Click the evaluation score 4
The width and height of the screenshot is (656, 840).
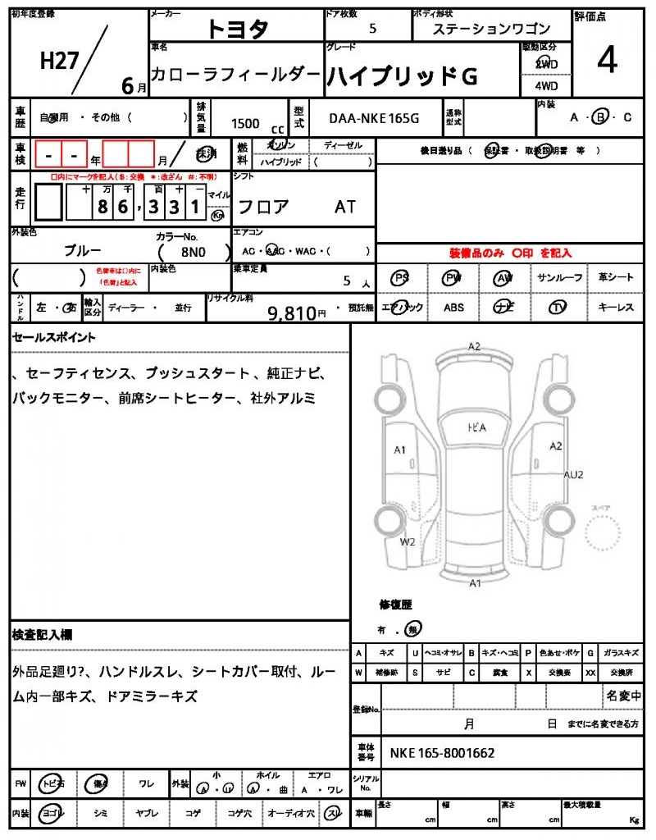[607, 62]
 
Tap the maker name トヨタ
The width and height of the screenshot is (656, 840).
[237, 29]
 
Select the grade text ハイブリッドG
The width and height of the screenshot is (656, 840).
[402, 75]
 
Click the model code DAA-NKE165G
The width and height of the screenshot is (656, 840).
[374, 118]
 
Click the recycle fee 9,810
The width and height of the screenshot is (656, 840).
[292, 312]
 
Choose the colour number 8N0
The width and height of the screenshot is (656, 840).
[194, 253]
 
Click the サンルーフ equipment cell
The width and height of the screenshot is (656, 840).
[560, 278]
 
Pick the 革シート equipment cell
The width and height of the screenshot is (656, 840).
[615, 278]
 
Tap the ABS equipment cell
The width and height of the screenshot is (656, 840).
[453, 308]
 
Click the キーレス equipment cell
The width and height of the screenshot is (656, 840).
[615, 308]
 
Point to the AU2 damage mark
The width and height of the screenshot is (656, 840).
[573, 475]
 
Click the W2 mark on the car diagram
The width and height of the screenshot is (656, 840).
[408, 542]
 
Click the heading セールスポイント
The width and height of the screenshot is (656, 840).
[54, 337]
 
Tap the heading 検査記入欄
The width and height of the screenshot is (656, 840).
[43, 635]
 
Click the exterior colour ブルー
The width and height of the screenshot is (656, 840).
[83, 250]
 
